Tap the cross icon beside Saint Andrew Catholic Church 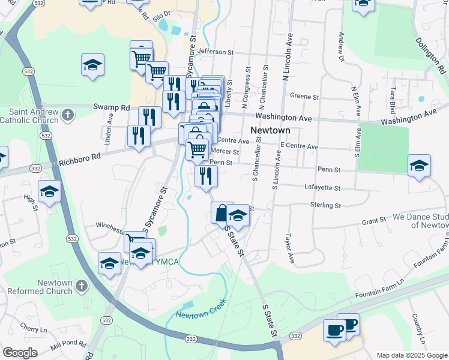coord(68,114)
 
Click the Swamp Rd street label coord(111,107)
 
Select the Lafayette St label coord(322,188)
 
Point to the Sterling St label coord(325,205)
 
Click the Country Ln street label coord(418,326)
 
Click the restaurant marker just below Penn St coord(206,175)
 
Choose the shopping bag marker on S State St coord(221,212)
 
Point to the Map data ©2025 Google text coord(411,355)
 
